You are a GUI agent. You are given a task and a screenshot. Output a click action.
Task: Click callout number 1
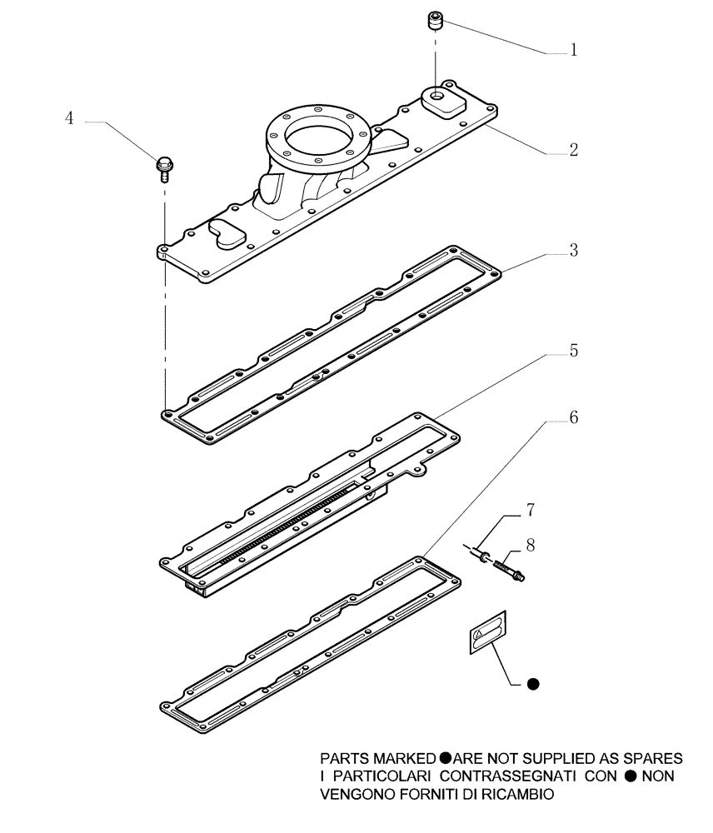pyautogui.click(x=573, y=51)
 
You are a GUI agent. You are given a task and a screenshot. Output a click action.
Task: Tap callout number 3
pyautogui.click(x=573, y=251)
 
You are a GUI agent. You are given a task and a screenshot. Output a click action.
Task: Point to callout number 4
pyautogui.click(x=70, y=119)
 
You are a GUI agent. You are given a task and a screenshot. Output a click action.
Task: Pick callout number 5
pyautogui.click(x=573, y=351)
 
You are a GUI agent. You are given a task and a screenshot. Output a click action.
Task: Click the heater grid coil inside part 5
pyautogui.click(x=283, y=521)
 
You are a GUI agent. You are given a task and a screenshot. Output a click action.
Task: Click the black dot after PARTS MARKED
pyautogui.click(x=445, y=759)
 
